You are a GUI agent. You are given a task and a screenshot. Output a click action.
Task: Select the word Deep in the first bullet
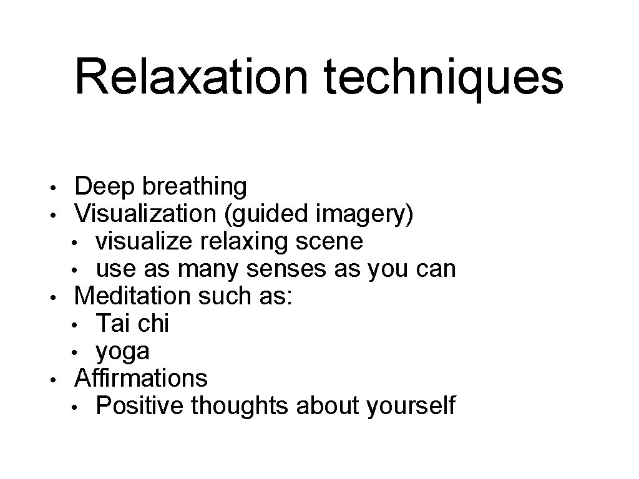point(105,186)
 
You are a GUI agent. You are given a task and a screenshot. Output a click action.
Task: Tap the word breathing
point(194,186)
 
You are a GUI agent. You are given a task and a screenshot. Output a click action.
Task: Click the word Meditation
point(133,296)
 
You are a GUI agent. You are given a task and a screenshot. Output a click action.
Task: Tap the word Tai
point(112,323)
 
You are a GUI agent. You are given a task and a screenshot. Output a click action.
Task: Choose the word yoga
point(122,352)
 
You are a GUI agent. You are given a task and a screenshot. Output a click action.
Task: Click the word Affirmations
point(141,377)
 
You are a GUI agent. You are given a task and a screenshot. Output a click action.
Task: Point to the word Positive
point(140,405)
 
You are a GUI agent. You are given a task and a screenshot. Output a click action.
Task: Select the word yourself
point(411,405)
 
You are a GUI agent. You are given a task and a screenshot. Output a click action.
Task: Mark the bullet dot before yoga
point(74,352)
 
